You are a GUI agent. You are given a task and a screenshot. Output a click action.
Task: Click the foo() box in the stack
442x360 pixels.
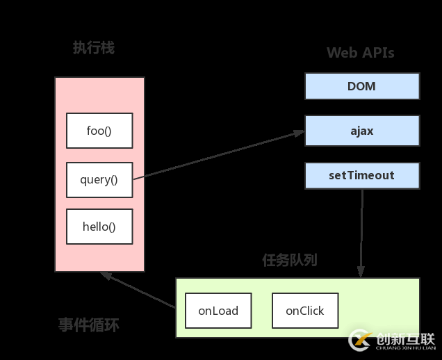[x=99, y=131]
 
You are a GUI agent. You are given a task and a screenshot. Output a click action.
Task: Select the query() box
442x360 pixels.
[x=99, y=180]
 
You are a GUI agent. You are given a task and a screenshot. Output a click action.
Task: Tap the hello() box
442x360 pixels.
[x=99, y=227]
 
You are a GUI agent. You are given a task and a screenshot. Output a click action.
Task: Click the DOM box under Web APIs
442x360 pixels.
[x=361, y=87]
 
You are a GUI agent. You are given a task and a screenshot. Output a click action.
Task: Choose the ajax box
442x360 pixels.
[x=361, y=131]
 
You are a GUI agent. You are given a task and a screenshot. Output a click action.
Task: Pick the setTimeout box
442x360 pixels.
[x=361, y=176]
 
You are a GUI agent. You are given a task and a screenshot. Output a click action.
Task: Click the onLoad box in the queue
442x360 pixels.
[x=218, y=311]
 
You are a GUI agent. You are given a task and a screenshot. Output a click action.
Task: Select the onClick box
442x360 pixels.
[x=304, y=311]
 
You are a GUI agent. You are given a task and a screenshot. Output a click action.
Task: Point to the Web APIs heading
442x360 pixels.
[x=360, y=54]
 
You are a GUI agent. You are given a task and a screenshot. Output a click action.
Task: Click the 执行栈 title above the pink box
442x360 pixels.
[x=94, y=48]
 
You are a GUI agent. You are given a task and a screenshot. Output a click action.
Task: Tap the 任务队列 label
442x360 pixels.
[x=290, y=261]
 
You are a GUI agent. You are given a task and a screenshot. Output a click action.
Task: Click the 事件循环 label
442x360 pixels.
[x=88, y=325]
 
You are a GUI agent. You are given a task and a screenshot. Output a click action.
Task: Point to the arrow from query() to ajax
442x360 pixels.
[x=219, y=154]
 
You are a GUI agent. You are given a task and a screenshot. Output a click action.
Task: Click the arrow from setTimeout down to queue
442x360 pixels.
[x=361, y=229]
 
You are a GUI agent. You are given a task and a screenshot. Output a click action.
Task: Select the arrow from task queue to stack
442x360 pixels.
[x=139, y=290]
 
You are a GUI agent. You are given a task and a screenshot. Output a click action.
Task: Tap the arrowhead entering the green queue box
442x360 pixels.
[x=361, y=273]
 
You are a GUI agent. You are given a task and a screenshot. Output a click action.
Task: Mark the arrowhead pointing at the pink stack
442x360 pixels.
[x=105, y=275]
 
